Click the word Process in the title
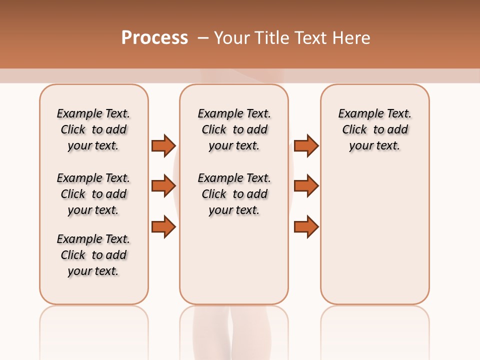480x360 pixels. (154, 38)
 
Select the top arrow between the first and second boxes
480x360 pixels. (163, 145)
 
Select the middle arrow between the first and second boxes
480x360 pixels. (163, 186)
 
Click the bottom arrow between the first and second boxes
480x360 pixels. (163, 226)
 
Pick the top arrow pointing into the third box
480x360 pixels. (306, 145)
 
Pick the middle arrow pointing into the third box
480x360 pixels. (306, 186)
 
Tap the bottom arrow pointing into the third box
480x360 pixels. (306, 226)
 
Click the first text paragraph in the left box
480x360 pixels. (93, 129)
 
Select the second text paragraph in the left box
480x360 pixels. (93, 194)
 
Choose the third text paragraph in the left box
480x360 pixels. (93, 255)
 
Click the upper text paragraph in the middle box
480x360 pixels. (234, 129)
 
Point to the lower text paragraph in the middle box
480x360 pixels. (234, 194)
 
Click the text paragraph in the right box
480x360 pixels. (374, 129)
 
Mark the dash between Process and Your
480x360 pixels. (203, 38)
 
